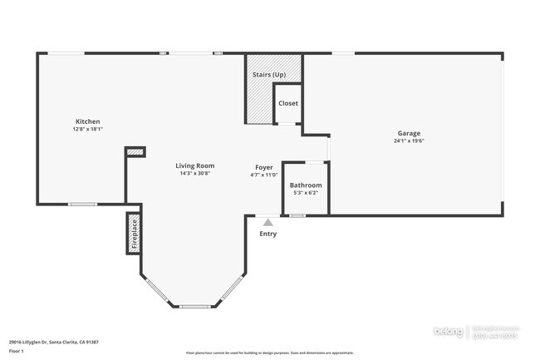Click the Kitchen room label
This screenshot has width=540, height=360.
tap(87, 121)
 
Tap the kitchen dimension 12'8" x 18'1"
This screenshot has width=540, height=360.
tap(87, 130)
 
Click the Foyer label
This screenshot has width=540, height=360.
tap(263, 167)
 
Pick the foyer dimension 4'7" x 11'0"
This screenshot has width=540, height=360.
tap(263, 175)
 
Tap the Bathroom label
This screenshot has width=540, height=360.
tap(305, 185)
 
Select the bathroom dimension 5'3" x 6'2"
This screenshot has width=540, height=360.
tap(305, 193)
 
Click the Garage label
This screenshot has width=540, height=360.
tap(408, 133)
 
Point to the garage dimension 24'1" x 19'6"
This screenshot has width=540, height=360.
tap(408, 141)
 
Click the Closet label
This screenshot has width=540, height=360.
tap(287, 103)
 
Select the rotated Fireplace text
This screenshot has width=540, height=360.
tap(133, 234)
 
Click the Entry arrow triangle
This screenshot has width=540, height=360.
tap(267, 222)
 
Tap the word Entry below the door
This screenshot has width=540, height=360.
tap(267, 234)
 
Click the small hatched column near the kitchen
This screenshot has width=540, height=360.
tap(135, 152)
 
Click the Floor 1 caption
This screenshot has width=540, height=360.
tap(17, 352)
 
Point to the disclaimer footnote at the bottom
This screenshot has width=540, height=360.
tap(269, 353)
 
